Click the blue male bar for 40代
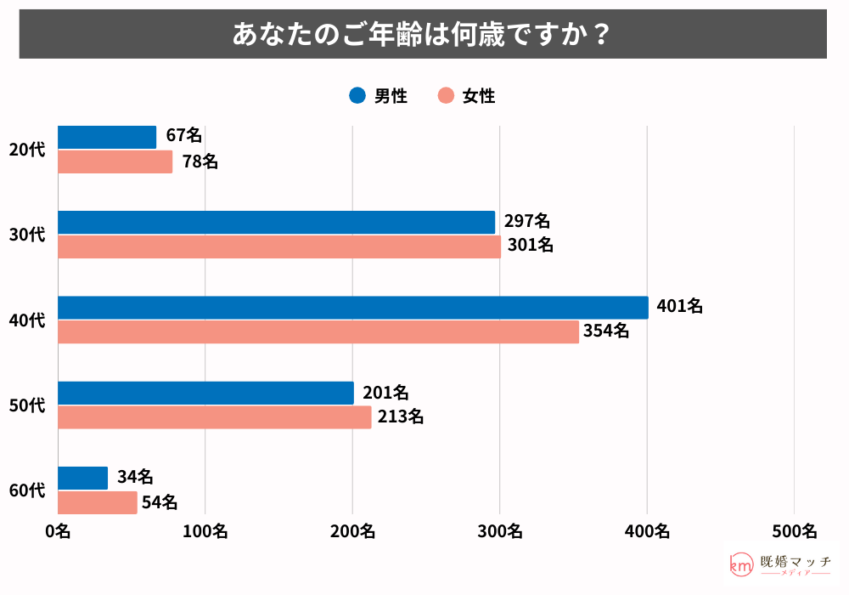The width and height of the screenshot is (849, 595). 353,308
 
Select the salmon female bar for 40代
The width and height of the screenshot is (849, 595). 318,331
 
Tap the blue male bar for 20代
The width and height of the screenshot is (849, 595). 107,137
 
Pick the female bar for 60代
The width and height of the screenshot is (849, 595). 98,502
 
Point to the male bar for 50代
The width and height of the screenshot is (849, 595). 205,393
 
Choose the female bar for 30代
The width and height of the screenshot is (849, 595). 279,246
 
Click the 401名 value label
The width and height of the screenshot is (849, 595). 679,307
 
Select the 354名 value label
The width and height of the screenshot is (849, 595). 605,331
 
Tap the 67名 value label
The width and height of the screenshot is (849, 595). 183,136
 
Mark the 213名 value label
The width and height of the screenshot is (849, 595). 399,416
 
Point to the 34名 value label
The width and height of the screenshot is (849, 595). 135,477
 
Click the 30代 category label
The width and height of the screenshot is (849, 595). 26,235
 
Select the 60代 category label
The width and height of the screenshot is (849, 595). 26,490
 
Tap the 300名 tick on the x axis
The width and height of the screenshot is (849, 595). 499,531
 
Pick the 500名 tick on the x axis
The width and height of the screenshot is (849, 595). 794,531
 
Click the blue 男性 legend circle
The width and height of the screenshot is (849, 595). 357,96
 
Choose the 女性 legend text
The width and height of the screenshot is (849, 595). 479,96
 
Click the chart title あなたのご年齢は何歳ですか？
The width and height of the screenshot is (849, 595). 423,34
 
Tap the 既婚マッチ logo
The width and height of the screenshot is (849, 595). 780,564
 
